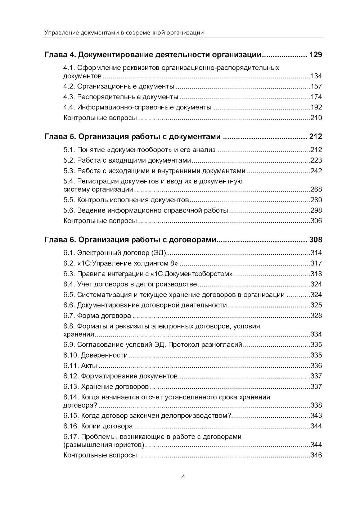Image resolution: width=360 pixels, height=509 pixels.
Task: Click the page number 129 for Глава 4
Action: (x=315, y=55)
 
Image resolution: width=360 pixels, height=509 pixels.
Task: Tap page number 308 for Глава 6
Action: (x=315, y=240)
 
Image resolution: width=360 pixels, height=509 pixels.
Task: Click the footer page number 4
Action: (x=183, y=477)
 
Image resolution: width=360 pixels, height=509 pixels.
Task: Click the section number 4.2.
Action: (x=69, y=86)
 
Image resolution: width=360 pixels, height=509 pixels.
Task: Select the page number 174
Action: (x=316, y=97)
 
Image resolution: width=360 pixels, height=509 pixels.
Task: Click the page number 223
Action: (x=316, y=160)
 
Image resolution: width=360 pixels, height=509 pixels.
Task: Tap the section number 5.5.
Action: (x=69, y=200)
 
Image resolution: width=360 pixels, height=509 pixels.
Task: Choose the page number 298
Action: (x=316, y=210)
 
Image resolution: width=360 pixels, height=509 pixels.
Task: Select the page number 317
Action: (x=316, y=263)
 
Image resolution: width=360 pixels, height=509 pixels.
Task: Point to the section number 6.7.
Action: (x=69, y=316)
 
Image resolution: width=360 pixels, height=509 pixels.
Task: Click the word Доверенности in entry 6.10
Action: (x=104, y=355)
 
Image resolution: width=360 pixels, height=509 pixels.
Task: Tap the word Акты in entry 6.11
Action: (x=89, y=366)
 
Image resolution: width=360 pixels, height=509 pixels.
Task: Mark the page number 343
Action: (x=316, y=416)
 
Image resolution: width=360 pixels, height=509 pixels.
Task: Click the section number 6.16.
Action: (x=71, y=426)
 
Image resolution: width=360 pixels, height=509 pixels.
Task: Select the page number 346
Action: (x=316, y=455)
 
